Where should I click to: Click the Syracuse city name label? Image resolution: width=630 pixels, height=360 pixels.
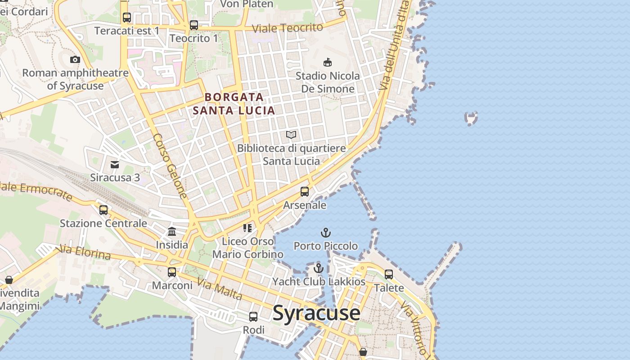point(316,313)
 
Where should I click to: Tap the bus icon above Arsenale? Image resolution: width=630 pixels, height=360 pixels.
point(305,192)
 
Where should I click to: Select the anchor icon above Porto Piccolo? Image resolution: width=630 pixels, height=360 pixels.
point(325,233)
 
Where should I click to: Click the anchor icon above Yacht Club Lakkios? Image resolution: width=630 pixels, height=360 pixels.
point(319,268)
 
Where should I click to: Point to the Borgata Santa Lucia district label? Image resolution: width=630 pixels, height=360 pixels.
point(234,103)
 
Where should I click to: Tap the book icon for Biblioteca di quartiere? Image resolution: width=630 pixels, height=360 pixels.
point(291,135)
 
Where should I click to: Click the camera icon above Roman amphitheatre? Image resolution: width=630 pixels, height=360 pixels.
point(75,59)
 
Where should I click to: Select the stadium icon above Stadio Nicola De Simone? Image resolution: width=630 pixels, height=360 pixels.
point(328,63)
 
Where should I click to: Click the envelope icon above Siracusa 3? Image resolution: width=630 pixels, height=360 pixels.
point(115,164)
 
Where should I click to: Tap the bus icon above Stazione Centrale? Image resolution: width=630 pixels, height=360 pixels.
point(103,210)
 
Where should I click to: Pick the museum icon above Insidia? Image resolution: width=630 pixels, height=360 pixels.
point(172,232)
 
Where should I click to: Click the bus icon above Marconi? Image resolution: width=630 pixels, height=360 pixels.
point(172,272)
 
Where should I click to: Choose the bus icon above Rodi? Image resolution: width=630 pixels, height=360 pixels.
point(253,317)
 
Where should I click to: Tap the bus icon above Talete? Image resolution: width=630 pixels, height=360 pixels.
point(389,274)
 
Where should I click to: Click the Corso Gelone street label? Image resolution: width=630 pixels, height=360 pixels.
point(170,166)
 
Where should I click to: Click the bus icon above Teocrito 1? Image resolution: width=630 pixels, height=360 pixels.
point(194,25)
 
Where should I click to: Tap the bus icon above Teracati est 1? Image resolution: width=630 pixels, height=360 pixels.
point(127,18)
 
